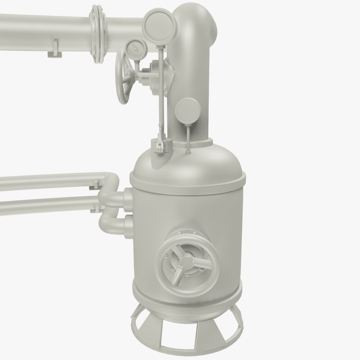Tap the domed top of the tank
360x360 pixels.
pos(200,163)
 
